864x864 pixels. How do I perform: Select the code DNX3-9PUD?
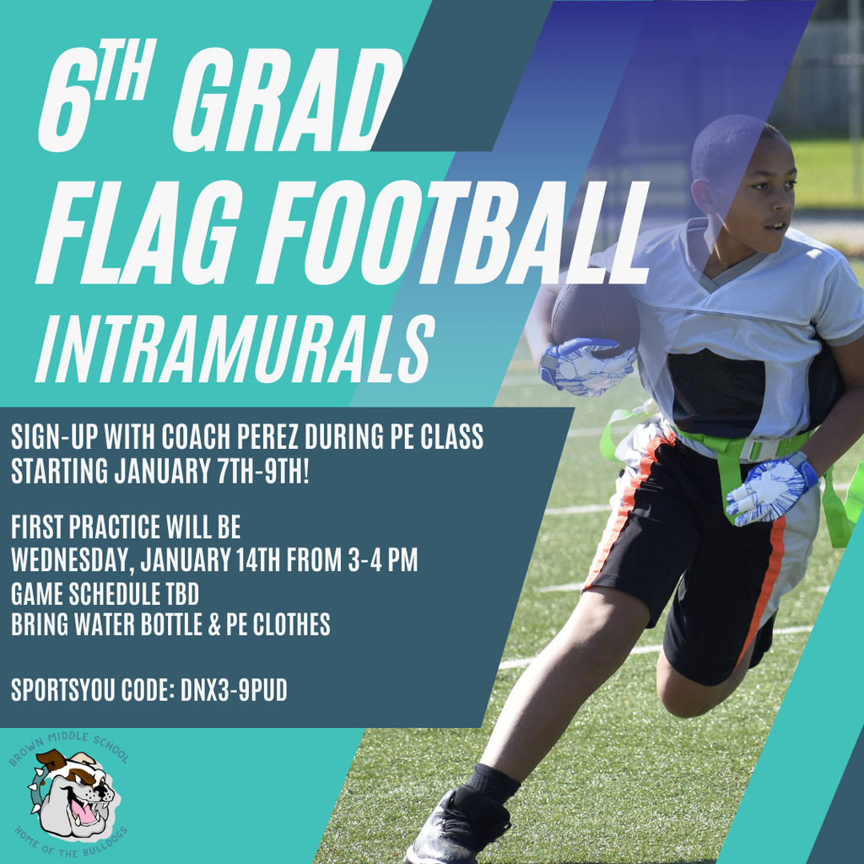point(234,690)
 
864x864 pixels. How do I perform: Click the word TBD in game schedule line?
point(180,593)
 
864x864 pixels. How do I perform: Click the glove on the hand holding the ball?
point(586,366)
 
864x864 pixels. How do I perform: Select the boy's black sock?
point(494,784)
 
